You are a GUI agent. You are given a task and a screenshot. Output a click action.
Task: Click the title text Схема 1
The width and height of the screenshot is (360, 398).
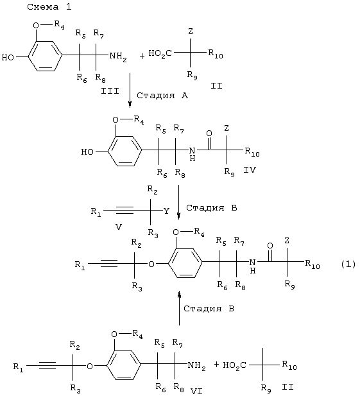(49, 7)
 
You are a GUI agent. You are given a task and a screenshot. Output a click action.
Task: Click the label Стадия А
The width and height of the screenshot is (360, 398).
(162, 96)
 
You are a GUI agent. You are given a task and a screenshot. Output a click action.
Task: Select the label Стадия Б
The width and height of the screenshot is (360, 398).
(212, 207)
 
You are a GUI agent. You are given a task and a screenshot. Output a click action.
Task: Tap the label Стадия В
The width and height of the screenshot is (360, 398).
(209, 308)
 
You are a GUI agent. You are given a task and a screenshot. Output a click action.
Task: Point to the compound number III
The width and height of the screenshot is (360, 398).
(110, 91)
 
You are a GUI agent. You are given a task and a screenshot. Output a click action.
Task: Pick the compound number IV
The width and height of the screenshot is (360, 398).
(250, 170)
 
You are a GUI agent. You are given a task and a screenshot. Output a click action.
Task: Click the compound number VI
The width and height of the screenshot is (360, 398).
(196, 391)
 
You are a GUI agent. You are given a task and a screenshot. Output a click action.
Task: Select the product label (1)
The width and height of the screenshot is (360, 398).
(348, 264)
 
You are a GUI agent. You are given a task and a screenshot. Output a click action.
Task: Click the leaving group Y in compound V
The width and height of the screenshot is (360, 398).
(166, 211)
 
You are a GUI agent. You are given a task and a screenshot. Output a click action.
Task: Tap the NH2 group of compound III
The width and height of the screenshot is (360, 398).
(118, 56)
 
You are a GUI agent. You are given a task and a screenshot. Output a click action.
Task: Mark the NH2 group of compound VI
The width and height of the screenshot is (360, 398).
(196, 366)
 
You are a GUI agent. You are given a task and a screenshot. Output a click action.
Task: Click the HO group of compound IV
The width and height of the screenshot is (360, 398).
(87, 151)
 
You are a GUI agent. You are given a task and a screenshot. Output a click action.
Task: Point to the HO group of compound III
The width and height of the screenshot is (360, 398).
(8, 57)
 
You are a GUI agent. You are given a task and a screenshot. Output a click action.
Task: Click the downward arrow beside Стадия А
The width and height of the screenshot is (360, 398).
(130, 91)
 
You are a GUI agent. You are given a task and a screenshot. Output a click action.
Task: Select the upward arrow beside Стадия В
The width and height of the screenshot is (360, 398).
(180, 308)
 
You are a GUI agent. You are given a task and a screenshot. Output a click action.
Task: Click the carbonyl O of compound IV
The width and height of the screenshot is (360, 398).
(209, 134)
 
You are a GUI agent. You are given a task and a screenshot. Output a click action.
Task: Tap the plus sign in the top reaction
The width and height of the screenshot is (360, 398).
(142, 56)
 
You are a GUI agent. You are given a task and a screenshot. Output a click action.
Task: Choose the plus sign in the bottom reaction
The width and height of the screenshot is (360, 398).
(216, 365)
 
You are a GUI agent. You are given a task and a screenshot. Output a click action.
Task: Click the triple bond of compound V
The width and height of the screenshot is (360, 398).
(124, 210)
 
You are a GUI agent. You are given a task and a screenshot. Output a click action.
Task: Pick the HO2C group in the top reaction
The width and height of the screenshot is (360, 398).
(160, 54)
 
